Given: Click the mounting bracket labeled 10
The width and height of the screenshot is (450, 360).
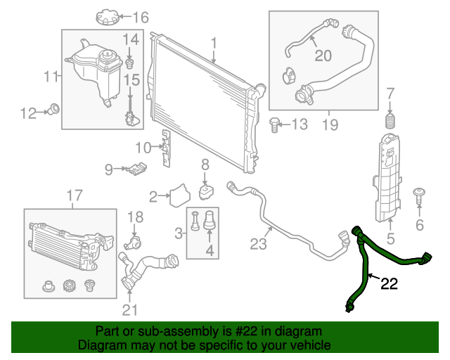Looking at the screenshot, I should click(167, 149).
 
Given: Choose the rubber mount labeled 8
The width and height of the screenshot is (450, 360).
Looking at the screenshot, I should click(206, 191).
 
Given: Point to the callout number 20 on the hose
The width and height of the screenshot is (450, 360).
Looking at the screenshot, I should click(323, 55).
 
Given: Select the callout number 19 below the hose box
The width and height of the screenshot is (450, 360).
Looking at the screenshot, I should click(330, 125).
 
